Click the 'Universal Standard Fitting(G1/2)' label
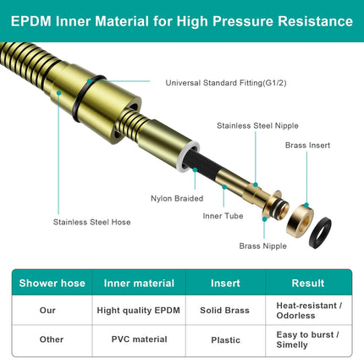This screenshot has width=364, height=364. coord(226,83)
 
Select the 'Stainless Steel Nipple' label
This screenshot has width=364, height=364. coord(257,125)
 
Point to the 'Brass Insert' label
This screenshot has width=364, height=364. coord(307,146)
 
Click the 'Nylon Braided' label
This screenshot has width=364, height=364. coord(177,198)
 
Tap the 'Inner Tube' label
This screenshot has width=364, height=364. coord(223,216)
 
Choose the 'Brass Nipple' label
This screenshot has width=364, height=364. coord(262,246)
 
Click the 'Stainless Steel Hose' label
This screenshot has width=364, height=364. coord(91,222)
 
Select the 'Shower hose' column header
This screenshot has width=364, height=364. coord(52,283)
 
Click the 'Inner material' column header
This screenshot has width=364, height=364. coord(139,283)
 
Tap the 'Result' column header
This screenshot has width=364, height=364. coord(308,283)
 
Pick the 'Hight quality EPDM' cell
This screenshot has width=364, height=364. coord(138,311)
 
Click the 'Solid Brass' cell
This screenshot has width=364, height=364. coord(224,311)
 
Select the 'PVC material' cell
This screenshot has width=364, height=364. coord(139,339)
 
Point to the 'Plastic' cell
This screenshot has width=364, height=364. coord(225,340)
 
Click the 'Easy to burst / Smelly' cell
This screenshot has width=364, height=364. coord(307,339)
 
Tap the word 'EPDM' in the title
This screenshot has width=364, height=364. coord(31,21)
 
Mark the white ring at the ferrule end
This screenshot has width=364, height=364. coord(179,159)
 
